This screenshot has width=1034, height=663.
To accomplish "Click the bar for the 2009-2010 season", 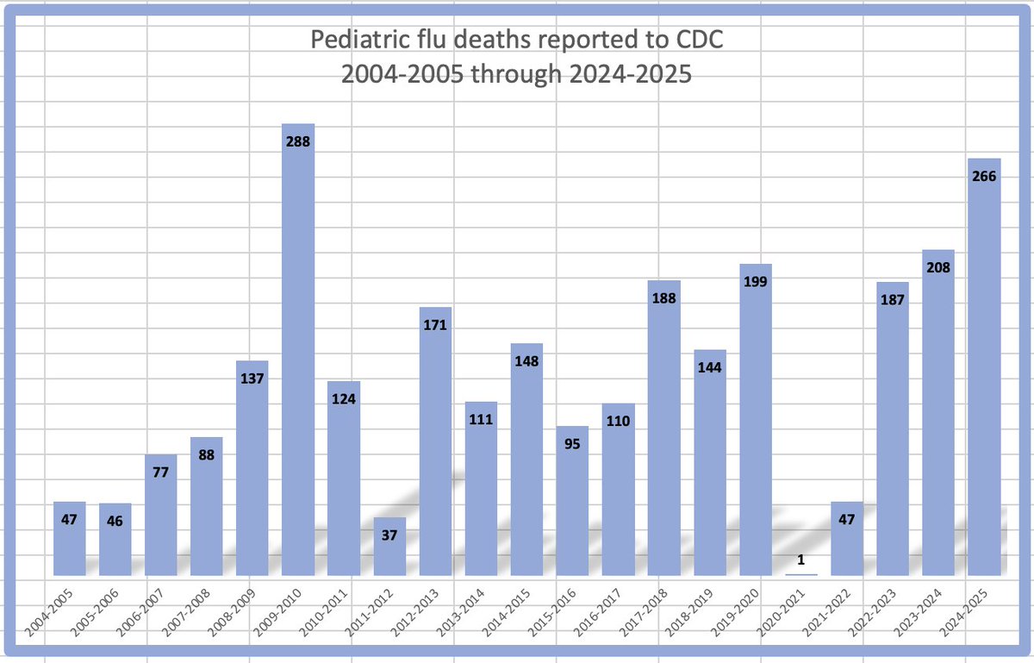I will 298,362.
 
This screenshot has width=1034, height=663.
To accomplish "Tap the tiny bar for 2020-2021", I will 801,574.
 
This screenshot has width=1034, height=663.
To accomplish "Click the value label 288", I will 298,141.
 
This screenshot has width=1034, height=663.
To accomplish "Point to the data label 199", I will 756,281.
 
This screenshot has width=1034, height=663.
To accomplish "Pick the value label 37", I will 389,535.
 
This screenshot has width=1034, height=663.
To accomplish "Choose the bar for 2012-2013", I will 435,448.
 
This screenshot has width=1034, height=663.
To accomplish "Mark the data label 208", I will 938,267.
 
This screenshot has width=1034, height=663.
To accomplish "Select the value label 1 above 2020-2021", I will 801,560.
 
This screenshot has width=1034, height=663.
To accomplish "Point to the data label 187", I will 893,299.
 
